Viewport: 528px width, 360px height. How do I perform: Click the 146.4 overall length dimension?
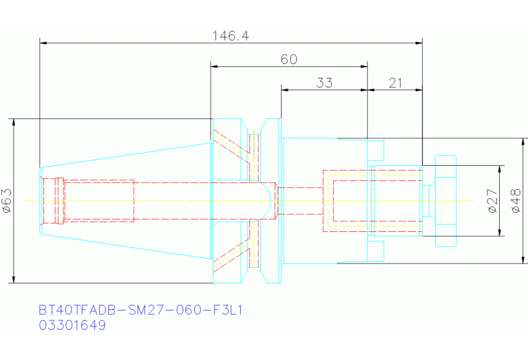pos(231,36)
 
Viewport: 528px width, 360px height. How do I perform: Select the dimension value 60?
pos(289,60)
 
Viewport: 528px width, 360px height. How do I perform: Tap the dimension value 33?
pos(324,83)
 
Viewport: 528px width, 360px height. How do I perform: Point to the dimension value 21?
pos(395,83)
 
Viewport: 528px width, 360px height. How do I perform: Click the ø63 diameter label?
pos(7,201)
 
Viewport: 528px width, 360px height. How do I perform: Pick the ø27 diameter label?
pos(492,201)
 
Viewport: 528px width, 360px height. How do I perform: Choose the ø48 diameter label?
pos(516,201)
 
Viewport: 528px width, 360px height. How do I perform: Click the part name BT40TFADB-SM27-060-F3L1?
pos(140,310)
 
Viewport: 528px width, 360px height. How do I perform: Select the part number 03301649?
pos(72,325)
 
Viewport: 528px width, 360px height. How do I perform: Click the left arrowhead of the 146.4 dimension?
pos(43,43)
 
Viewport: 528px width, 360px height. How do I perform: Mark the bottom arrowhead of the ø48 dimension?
pos(523,260)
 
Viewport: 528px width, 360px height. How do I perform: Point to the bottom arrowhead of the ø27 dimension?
pos(499,233)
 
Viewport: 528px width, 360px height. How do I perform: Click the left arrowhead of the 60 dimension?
pos(214,66)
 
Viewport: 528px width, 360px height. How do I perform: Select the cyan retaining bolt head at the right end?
pos(445,201)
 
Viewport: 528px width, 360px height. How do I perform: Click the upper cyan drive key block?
pos(375,151)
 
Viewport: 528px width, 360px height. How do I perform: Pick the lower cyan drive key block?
pos(375,251)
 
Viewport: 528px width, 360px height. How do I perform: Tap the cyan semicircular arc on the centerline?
pos(271,201)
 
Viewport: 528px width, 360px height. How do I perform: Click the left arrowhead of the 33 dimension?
pos(285,90)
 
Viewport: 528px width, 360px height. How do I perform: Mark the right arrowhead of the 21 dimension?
pos(419,90)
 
